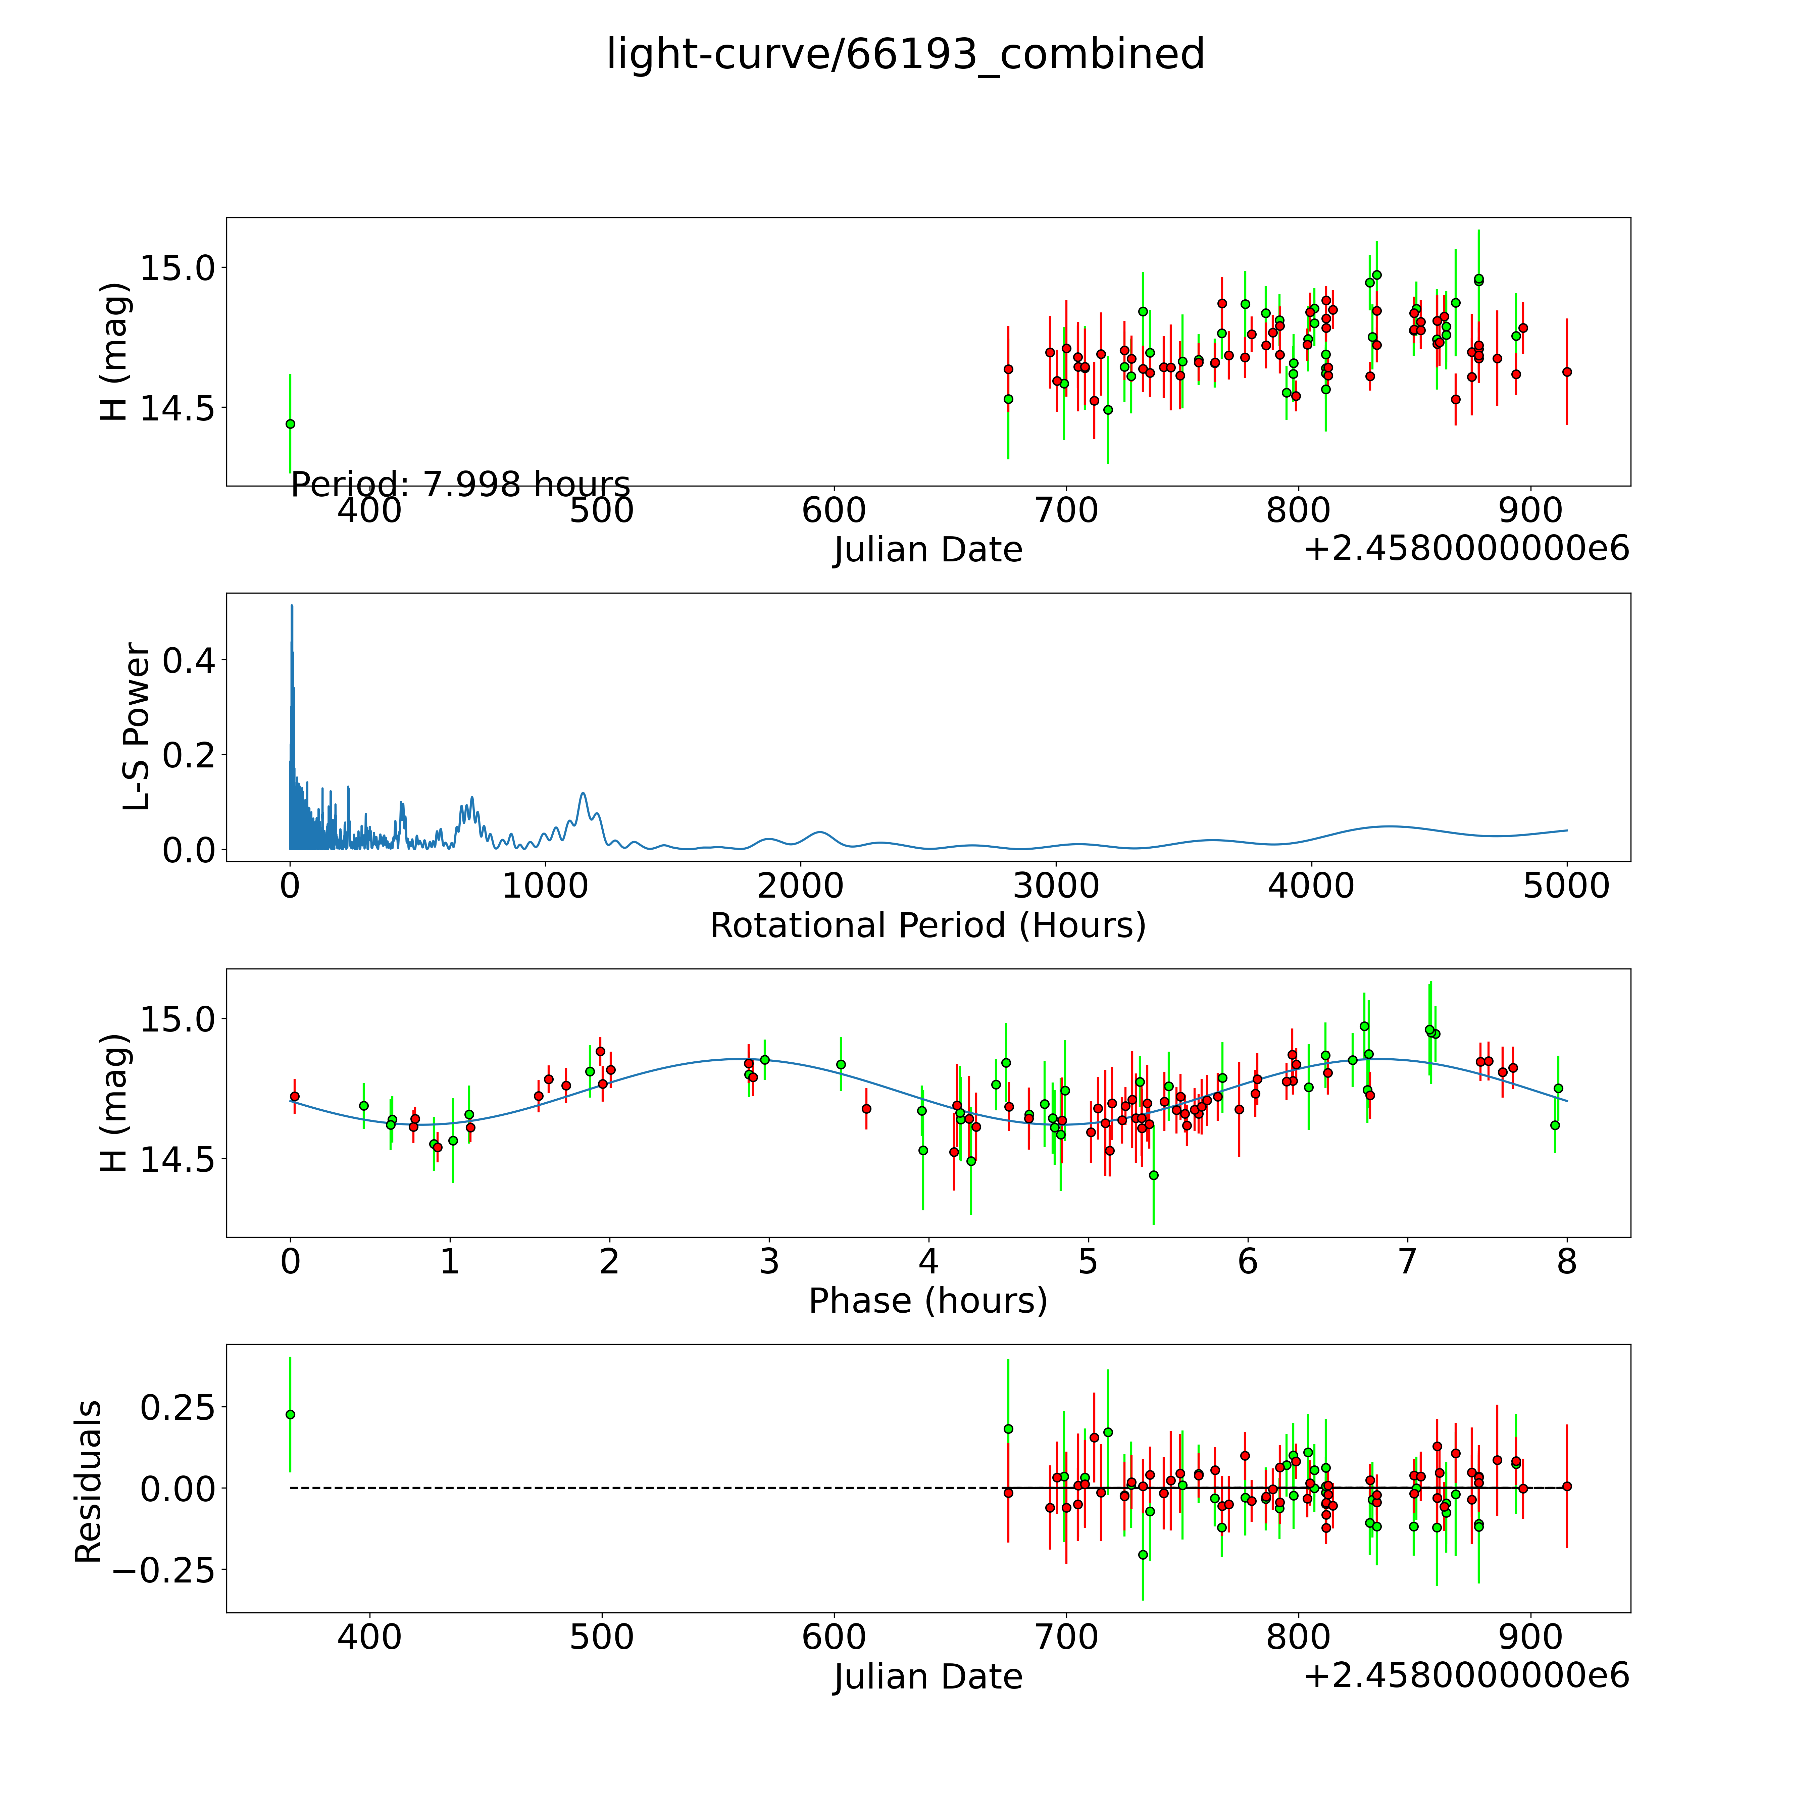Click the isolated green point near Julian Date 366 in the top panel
(x=290, y=424)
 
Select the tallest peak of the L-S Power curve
(x=292, y=607)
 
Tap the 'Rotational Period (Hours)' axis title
(x=927, y=926)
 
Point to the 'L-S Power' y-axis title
(x=137, y=727)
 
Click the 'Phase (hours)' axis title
(x=927, y=1301)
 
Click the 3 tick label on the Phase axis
(x=769, y=1261)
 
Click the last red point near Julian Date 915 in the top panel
(x=1566, y=371)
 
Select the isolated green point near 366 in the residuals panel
(x=290, y=1414)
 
